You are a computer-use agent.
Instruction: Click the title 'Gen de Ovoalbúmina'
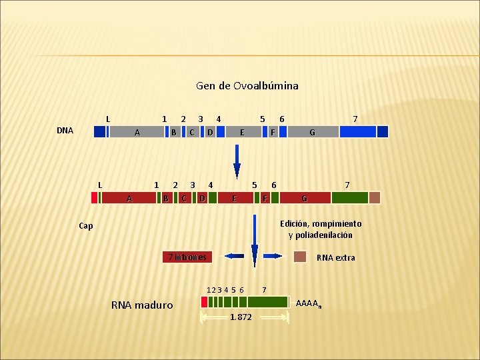click(247, 86)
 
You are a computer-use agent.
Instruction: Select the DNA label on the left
click(65, 131)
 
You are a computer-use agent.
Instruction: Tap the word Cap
click(86, 226)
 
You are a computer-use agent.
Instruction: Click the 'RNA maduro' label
click(142, 305)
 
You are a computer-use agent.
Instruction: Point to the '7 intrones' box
click(187, 257)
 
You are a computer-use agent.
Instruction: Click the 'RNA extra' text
click(335, 258)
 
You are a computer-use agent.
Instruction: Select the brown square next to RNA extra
click(300, 257)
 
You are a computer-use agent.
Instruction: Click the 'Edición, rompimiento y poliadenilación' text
click(321, 229)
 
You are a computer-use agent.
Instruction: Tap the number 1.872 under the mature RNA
click(241, 317)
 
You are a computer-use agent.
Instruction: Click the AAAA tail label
click(308, 304)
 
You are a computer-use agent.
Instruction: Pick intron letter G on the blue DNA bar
click(312, 132)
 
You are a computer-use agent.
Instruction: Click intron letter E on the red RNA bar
click(234, 198)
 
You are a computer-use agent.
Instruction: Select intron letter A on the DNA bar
click(137, 132)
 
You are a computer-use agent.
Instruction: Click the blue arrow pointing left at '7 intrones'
click(234, 256)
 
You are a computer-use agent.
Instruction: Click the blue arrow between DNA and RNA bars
click(236, 163)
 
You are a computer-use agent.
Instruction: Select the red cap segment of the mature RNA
click(204, 301)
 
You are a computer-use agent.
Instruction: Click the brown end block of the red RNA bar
click(375, 197)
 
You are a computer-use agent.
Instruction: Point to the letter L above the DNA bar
click(108, 119)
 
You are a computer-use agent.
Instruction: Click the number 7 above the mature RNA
click(265, 290)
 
